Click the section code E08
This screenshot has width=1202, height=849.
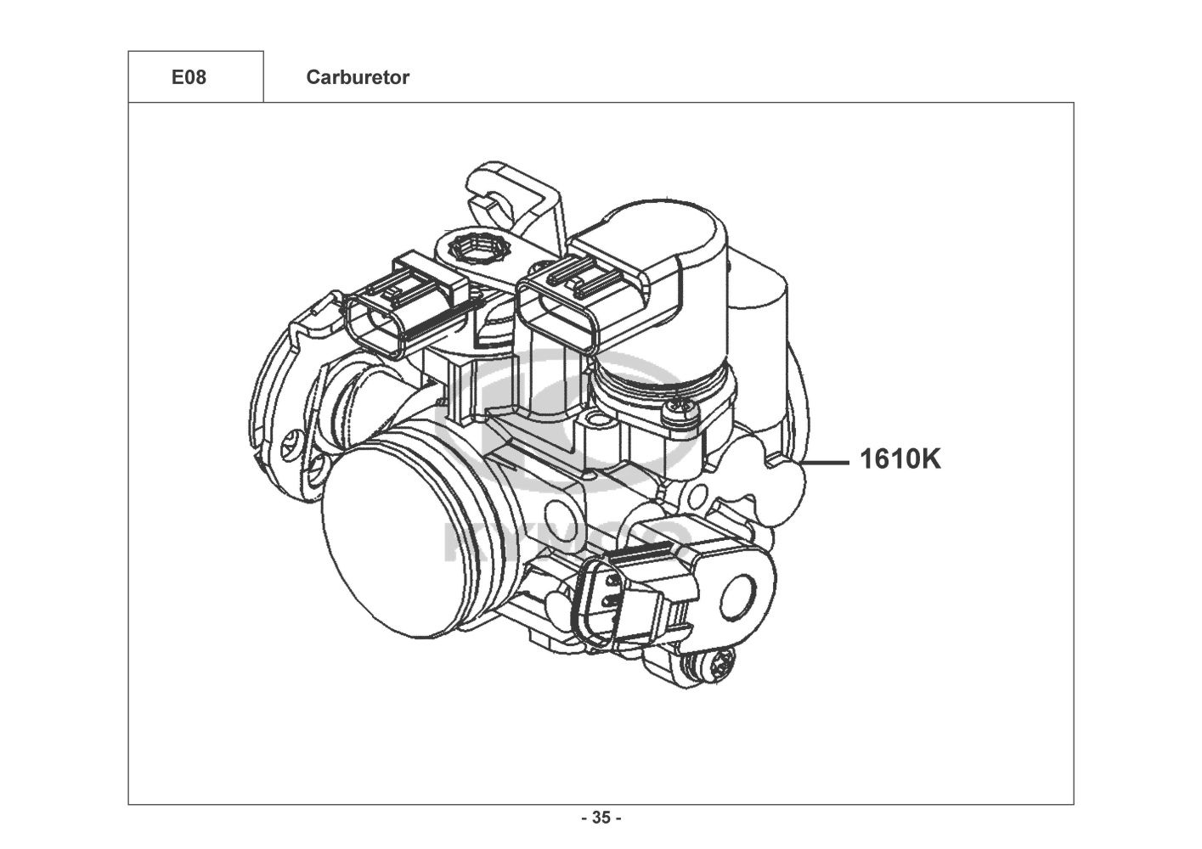(x=189, y=77)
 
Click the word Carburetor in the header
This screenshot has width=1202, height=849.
(x=357, y=77)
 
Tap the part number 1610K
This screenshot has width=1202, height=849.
(x=900, y=459)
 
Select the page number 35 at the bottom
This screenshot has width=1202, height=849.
(x=601, y=818)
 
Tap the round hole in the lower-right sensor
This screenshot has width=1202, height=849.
(x=742, y=590)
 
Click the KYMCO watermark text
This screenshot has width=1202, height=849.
(x=566, y=539)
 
